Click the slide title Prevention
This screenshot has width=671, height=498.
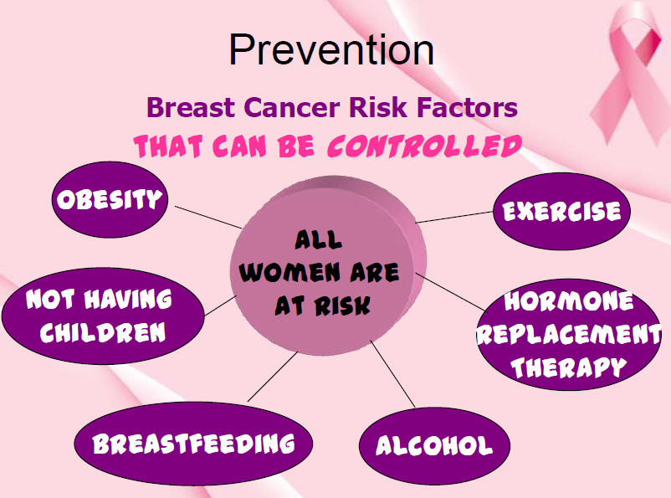tap(331, 50)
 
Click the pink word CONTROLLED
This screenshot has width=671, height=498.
tap(424, 146)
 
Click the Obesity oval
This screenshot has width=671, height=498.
tap(110, 199)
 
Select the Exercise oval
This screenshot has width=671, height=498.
tap(562, 211)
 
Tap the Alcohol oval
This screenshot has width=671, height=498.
tap(434, 446)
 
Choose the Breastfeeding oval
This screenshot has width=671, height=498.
tap(193, 444)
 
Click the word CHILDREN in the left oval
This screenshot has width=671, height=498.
tap(103, 333)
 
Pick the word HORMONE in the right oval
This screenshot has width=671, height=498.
tap(568, 301)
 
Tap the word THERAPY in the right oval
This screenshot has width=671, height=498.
tap(568, 367)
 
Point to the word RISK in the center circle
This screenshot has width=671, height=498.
tap(342, 305)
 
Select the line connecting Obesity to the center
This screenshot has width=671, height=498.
tap(208, 217)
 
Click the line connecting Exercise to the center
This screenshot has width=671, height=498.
tap(454, 217)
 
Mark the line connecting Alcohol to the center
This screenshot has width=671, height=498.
tap(392, 374)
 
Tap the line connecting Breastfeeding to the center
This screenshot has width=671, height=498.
tap(273, 377)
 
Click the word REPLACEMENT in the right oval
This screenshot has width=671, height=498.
tap(569, 335)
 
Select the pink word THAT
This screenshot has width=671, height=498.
tap(168, 146)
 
